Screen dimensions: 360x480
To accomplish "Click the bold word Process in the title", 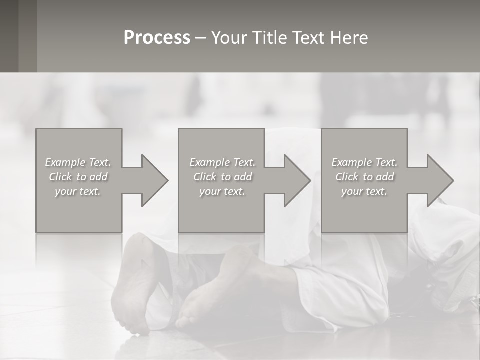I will [157, 38].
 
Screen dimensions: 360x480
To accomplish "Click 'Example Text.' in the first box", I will [78, 162].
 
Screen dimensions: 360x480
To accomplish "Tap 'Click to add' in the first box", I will [78, 177].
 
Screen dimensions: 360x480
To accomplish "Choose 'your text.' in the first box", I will [78, 191].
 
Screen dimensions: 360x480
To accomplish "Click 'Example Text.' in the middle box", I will [222, 162].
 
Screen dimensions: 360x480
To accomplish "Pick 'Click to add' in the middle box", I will [222, 177].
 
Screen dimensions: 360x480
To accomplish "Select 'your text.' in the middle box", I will [222, 191].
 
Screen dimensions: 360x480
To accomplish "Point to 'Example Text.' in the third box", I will [364, 162].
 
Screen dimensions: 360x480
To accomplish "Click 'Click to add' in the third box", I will [364, 177].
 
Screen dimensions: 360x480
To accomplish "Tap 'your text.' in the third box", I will [364, 191].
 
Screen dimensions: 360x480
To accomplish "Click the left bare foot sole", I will [132, 285].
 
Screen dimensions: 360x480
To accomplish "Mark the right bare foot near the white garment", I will [220, 290].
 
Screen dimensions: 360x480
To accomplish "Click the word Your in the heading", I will [231, 38].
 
